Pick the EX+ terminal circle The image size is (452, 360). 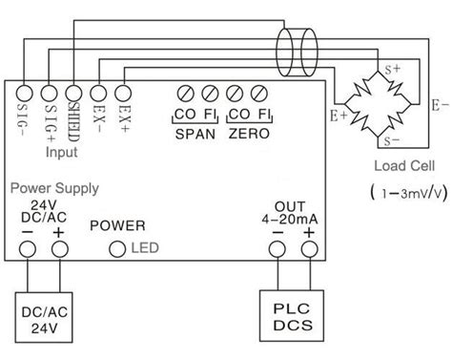point(121,94)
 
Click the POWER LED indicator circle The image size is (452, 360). point(118,250)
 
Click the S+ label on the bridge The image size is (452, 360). point(392,68)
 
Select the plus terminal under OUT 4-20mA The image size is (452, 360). point(309,250)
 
